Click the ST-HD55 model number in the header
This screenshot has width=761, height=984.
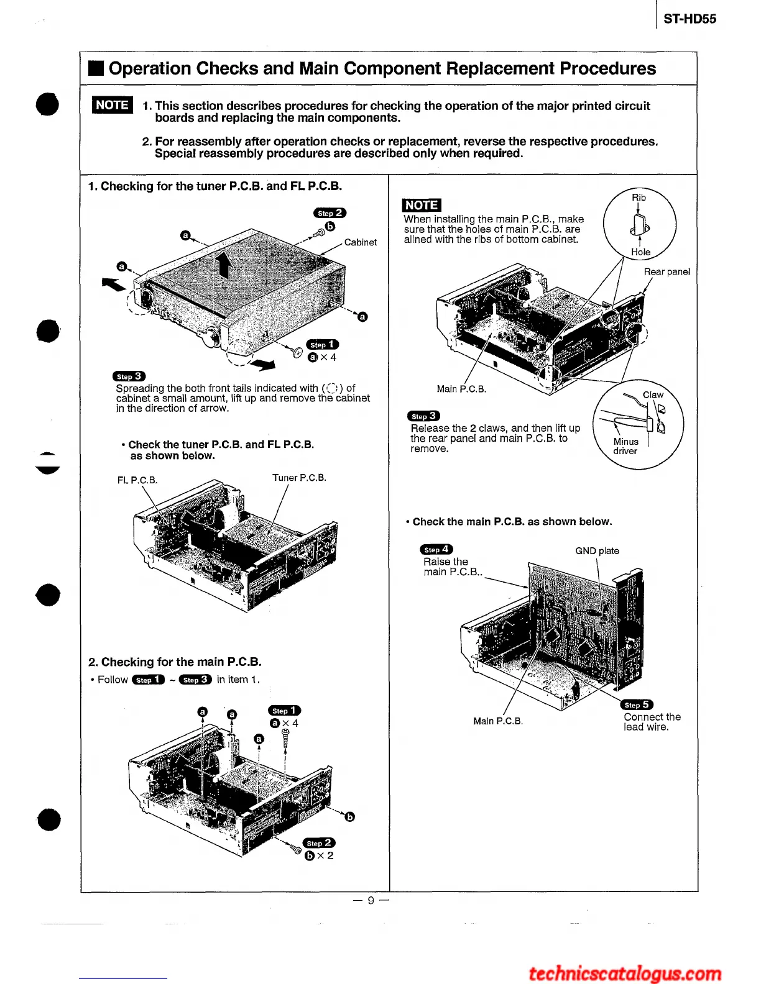click(690, 19)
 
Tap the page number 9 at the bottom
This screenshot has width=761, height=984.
click(371, 900)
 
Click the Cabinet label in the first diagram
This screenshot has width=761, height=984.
click(360, 242)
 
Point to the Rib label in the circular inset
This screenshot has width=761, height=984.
click(639, 198)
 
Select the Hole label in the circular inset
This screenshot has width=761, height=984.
click(640, 252)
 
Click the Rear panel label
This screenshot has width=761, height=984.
click(666, 271)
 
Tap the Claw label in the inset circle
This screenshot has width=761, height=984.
click(653, 394)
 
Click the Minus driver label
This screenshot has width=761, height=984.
click(625, 446)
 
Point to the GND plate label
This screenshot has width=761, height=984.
click(597, 550)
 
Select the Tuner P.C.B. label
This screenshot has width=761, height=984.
click(299, 478)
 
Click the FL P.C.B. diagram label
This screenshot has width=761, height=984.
click(137, 480)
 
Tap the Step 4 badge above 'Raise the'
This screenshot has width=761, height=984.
click(436, 549)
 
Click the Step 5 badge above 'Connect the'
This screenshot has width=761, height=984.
click(637, 704)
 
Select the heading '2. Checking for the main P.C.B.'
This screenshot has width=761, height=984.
click(175, 662)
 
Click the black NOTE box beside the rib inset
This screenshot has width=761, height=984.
click(422, 205)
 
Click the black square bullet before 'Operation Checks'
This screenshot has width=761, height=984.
click(96, 68)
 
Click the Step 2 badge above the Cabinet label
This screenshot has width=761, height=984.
click(330, 213)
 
